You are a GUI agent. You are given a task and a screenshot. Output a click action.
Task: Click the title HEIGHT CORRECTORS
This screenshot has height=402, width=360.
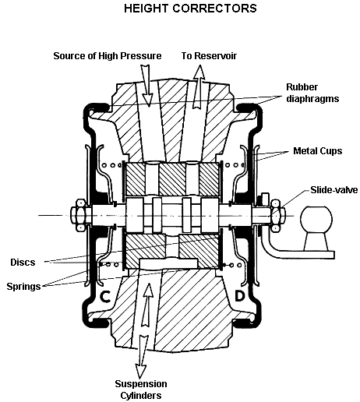[x=190, y=9]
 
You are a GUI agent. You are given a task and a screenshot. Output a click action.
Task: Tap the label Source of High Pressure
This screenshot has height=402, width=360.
[x=108, y=56]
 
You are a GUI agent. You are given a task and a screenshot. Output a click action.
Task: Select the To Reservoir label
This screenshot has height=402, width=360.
[x=209, y=56]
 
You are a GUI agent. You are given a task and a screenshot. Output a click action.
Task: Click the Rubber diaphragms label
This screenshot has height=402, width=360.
[x=312, y=93]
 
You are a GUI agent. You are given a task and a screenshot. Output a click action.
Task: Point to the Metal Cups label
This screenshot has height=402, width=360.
[x=318, y=151]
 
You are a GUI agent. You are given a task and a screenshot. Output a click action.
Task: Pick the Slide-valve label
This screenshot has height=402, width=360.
[x=334, y=190]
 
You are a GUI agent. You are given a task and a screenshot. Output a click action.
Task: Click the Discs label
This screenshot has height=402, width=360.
[x=23, y=262]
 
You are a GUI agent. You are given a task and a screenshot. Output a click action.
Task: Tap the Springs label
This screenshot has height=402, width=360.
[x=23, y=287]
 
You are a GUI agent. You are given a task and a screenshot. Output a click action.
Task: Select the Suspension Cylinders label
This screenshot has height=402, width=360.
[x=141, y=390]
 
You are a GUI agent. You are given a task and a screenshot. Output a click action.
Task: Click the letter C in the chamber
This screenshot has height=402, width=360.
[x=105, y=296]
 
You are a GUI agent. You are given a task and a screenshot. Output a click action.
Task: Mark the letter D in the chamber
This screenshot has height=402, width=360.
[x=240, y=296]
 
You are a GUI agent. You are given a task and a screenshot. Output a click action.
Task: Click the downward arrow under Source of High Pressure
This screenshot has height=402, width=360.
[x=146, y=86]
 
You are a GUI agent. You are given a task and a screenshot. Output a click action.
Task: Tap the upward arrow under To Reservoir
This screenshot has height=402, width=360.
[x=199, y=86]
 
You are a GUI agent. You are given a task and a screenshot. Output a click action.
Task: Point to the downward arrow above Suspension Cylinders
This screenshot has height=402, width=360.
[x=142, y=356]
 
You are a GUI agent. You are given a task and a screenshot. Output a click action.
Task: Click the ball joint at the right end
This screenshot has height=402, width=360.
[x=316, y=218]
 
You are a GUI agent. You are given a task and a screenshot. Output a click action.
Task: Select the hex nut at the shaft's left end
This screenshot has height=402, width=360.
[x=80, y=215]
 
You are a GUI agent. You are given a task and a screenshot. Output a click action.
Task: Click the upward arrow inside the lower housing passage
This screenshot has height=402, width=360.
[x=147, y=305]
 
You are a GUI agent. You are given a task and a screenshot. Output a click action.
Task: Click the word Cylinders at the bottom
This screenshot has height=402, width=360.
[x=141, y=396]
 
